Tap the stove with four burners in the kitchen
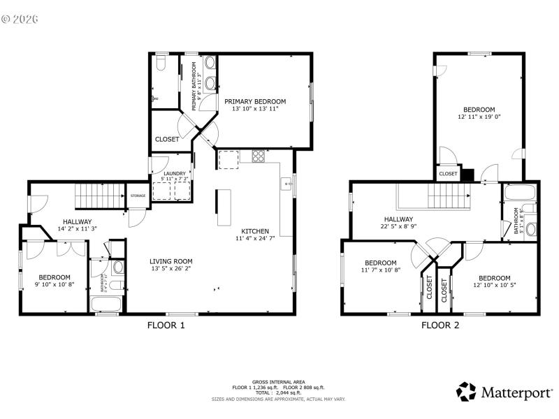tap(258, 156)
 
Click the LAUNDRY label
tap(174, 173)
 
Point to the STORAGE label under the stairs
tap(138, 196)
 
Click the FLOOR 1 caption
tap(166, 325)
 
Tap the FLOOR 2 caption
tap(440, 325)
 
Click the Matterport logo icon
tap(466, 391)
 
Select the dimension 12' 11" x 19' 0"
tap(479, 117)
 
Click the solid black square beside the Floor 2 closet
tap(467, 174)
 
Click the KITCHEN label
tap(255, 231)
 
